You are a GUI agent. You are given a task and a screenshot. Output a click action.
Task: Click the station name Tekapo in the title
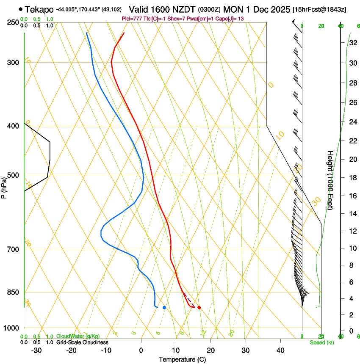(39, 9)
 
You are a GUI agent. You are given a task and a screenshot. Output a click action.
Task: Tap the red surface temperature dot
(199, 307)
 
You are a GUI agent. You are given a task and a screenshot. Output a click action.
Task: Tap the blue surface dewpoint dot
(164, 307)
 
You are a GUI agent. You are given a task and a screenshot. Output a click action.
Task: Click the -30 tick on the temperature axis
(36, 350)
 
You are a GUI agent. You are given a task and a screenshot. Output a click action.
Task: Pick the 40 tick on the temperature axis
(280, 350)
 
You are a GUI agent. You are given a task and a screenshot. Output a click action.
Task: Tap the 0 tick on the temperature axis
(141, 350)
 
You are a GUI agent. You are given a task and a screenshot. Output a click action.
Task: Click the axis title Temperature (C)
(182, 359)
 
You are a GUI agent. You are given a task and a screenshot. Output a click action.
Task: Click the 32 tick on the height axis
(351, 43)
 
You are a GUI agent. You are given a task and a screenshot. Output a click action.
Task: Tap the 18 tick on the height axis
(351, 178)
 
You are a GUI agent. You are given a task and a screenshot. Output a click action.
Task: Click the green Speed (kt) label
(321, 342)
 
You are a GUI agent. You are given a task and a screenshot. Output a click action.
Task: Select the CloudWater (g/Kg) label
(78, 336)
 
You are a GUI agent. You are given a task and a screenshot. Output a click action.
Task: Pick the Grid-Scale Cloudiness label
(82, 342)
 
